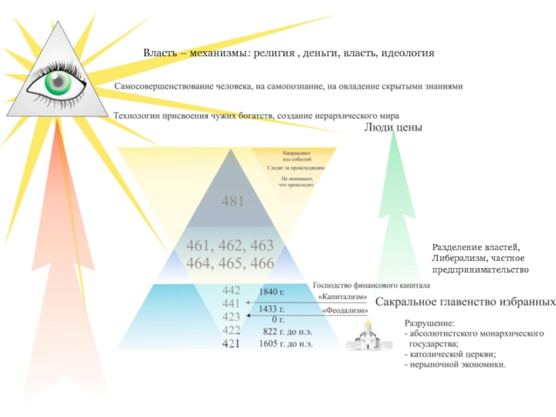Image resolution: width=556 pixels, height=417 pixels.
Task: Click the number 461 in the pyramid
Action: click(x=200, y=245)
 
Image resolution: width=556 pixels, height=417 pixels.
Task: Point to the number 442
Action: click(x=231, y=291)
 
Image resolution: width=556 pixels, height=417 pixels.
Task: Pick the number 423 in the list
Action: click(x=231, y=317)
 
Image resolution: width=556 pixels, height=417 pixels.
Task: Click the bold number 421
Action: click(x=231, y=343)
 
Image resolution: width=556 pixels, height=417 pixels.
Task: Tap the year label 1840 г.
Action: click(x=272, y=292)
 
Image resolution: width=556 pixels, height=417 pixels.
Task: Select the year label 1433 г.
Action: click(x=272, y=309)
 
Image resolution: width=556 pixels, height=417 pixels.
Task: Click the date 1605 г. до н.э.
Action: click(x=286, y=343)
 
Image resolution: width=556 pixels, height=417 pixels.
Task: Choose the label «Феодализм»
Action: click(x=340, y=310)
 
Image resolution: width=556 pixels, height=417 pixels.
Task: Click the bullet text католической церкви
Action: click(x=456, y=354)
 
